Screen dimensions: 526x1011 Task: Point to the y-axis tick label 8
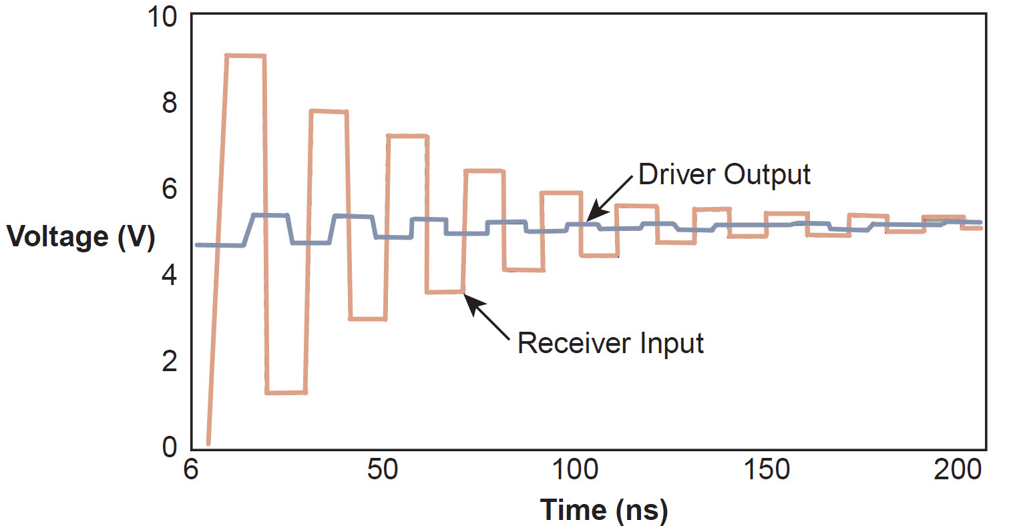pos(169,103)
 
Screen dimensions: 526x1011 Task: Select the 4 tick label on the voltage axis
pos(169,274)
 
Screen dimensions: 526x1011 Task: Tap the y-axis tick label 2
pos(169,360)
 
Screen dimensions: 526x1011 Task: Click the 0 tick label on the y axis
pos(169,447)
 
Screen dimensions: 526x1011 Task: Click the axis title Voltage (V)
pos(81,237)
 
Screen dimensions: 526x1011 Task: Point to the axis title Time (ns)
pos(604,511)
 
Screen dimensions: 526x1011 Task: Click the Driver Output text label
pos(724,175)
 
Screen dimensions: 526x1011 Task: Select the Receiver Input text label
pos(610,344)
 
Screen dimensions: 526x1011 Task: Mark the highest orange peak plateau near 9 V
pos(246,56)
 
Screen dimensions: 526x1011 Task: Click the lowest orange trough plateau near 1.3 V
pos(286,392)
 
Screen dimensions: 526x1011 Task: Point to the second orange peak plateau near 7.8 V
pos(329,111)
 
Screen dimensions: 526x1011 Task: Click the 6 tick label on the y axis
pos(169,189)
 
